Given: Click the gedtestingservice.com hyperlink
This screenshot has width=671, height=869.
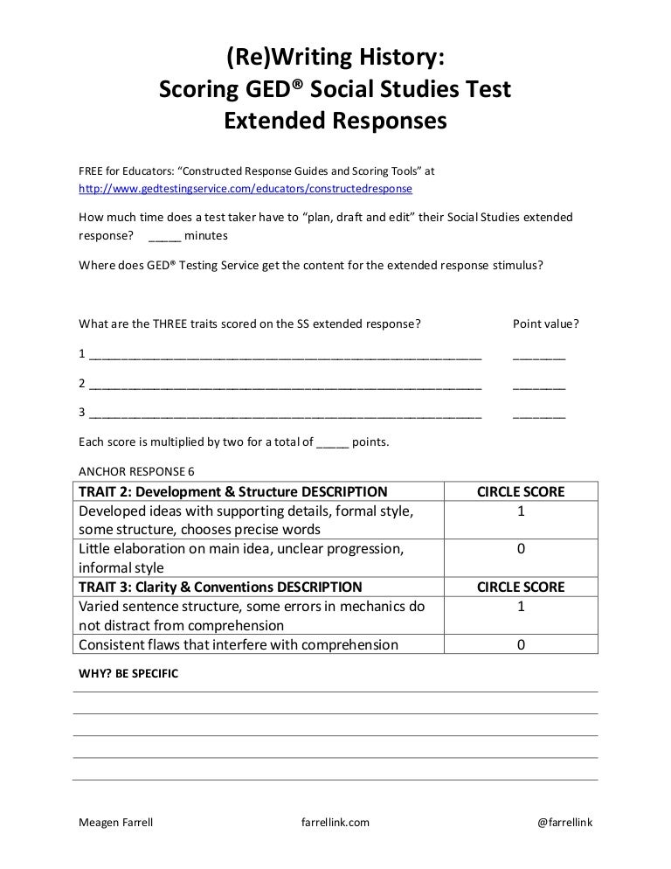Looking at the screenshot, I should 246,188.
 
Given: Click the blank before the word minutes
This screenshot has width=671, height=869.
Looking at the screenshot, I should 165,236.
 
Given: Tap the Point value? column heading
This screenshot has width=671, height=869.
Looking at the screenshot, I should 545,323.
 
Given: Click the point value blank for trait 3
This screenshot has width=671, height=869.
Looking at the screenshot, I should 538,413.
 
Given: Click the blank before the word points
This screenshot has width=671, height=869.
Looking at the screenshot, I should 332,442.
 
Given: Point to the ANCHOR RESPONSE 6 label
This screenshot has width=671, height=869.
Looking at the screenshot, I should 137,470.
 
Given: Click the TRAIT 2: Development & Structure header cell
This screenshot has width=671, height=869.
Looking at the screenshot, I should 233,491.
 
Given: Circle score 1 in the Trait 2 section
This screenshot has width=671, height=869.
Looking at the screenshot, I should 521,511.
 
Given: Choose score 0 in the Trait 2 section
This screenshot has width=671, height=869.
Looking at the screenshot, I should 521,550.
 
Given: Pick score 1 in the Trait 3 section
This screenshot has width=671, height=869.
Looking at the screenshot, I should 521,607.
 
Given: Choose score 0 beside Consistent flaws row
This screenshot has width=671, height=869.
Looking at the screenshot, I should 521,645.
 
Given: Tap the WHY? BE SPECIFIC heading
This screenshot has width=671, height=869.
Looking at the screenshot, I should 128,674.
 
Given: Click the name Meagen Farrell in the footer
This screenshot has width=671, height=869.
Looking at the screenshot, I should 116,823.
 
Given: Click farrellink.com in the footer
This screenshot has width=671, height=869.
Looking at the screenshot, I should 335,823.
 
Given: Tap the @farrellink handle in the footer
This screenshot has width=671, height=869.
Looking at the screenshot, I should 564,823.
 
